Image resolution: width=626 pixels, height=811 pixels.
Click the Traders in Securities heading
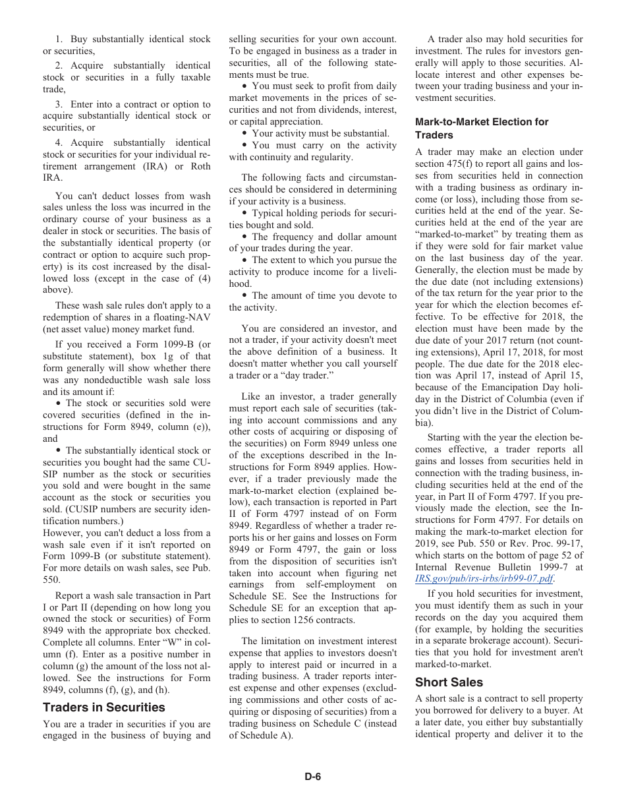[x=103, y=707]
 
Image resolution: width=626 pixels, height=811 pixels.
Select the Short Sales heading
[x=449, y=682]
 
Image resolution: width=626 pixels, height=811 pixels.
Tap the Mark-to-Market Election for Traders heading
[x=481, y=128]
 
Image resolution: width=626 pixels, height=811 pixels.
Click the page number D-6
[x=312, y=777]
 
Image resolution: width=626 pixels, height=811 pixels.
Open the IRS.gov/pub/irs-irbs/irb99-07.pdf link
[x=484, y=579]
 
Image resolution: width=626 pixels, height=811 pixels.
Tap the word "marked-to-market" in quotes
[x=449, y=234]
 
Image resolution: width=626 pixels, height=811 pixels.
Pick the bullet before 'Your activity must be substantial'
[x=245, y=134]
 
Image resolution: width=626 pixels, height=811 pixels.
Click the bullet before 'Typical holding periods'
[x=245, y=214]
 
